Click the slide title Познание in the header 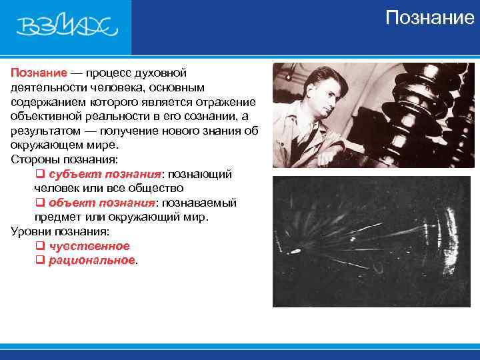tap(429, 17)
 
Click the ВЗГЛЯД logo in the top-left tap(66, 27)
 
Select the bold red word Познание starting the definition tap(39, 72)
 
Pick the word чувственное tap(89, 246)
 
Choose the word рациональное tap(92, 261)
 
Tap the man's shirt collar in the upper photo tap(313, 127)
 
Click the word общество tap(155, 189)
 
